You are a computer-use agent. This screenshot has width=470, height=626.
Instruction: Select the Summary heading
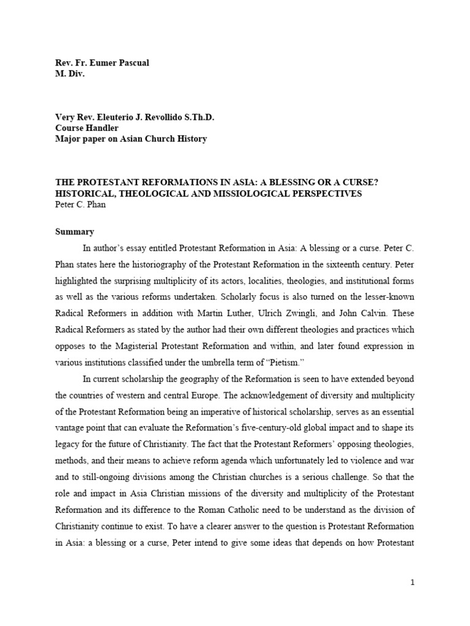[75, 232]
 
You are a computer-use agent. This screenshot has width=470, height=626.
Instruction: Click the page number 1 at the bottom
[413, 583]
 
